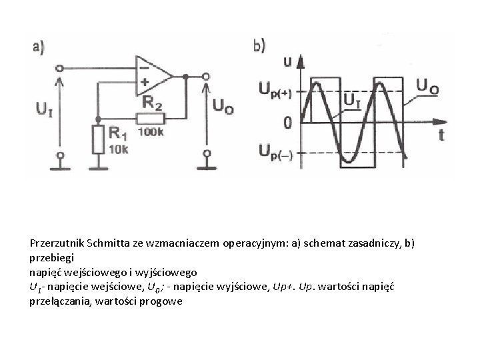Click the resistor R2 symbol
(x=151, y=119)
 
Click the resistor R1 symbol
(x=98, y=139)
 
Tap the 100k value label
(x=151, y=132)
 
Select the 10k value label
(x=119, y=149)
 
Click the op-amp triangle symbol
(x=153, y=76)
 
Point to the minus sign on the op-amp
(x=145, y=68)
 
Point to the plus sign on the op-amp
(x=145, y=82)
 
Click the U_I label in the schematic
(x=45, y=109)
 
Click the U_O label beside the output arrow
(x=223, y=106)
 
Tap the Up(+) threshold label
(x=275, y=90)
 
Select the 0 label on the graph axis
(x=287, y=123)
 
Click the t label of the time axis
(x=441, y=135)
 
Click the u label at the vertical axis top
(x=288, y=61)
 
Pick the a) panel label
(x=39, y=48)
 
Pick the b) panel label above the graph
(x=259, y=46)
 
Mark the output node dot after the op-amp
(x=185, y=77)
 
